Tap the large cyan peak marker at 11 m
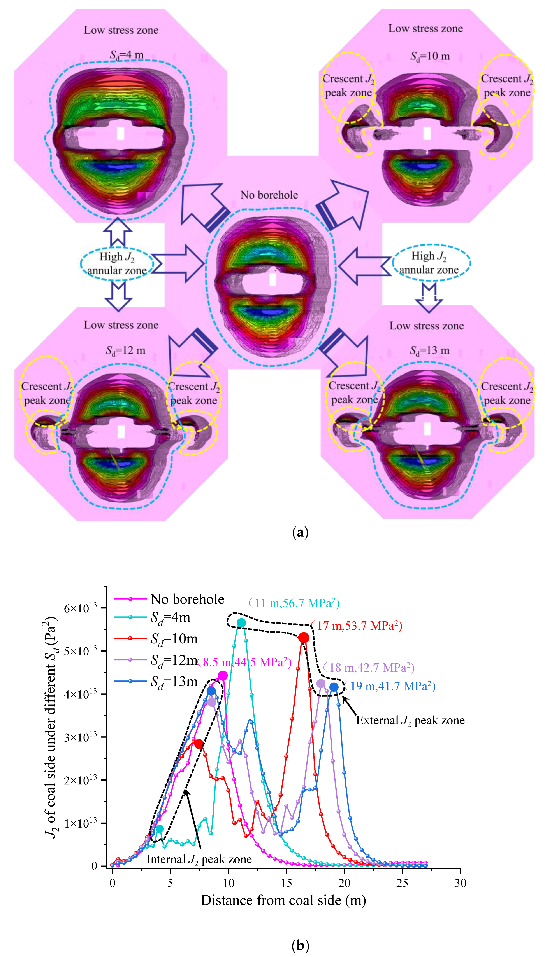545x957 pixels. tap(241, 622)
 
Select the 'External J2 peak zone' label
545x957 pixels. tap(410, 720)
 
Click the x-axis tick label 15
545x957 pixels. tap(286, 883)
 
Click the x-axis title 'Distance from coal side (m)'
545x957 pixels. tap(283, 900)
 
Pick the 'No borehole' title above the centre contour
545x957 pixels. tap(269, 195)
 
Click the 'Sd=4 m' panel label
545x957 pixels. tap(127, 55)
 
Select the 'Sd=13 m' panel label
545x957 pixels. tap(429, 351)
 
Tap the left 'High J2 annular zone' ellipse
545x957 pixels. tap(117, 263)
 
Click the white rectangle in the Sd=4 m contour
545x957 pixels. tap(120, 133)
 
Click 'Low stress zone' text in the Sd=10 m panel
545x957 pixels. tap(425, 29)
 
